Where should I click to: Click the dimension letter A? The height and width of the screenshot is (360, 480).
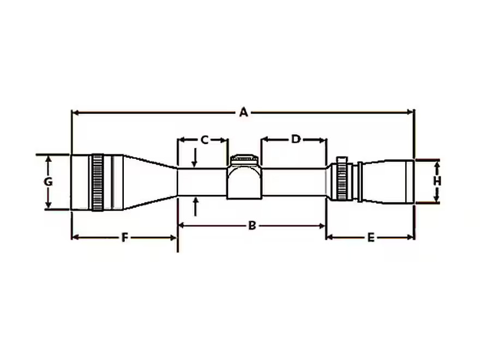coord(243,112)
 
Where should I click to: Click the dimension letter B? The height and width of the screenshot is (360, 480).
coord(251,226)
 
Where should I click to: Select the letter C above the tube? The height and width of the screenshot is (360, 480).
coord(205,140)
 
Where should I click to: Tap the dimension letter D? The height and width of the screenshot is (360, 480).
coord(296,139)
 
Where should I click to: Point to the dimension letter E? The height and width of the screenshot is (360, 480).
coord(371,237)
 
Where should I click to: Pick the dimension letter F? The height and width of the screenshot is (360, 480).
coord(124,237)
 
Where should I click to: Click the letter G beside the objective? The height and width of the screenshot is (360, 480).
coord(48,182)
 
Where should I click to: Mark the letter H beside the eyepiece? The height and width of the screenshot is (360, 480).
coord(437,181)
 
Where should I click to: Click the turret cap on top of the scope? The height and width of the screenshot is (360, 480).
coord(244,159)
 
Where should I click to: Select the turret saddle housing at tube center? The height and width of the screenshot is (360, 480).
coord(244,181)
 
